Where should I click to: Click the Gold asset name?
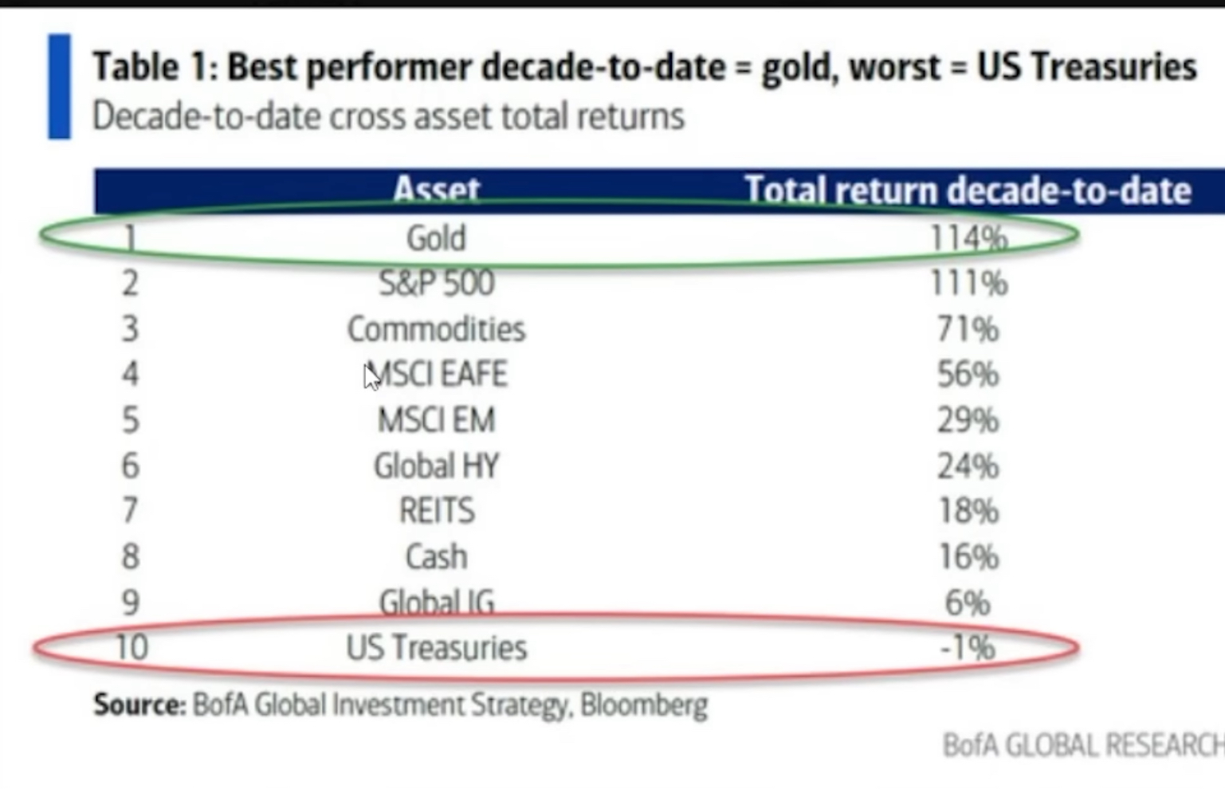tap(436, 237)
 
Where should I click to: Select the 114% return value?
tap(968, 237)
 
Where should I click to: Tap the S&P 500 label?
tap(436, 283)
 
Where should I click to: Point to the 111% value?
tap(968, 283)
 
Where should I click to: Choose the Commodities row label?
tap(436, 329)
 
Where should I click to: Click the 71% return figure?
tap(968, 329)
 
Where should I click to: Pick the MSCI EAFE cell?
tap(438, 375)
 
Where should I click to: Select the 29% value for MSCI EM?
tap(968, 420)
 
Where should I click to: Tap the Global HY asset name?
tap(436, 466)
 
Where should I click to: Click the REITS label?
tap(436, 511)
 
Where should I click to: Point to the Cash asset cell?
tap(436, 556)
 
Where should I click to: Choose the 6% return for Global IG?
tap(968, 603)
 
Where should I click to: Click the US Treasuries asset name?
tap(436, 647)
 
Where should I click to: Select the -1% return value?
tap(968, 647)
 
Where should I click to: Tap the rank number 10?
tap(132, 647)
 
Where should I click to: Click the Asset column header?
tap(436, 190)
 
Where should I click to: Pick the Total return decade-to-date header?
tap(968, 190)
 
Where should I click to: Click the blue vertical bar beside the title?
tap(59, 86)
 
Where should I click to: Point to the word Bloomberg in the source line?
tap(643, 705)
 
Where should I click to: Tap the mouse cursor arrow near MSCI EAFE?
tap(371, 377)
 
